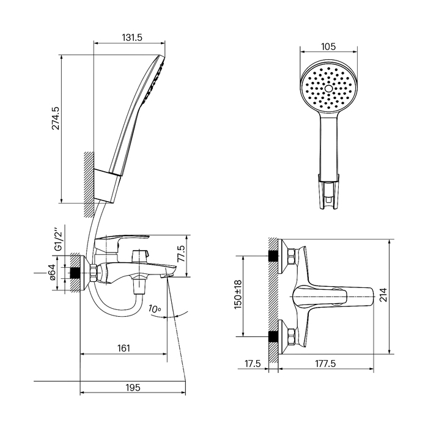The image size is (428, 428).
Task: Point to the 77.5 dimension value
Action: click(x=181, y=254)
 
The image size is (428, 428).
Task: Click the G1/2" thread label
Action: click(x=59, y=240)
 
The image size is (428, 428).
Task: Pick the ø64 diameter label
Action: click(x=53, y=271)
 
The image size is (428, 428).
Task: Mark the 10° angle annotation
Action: click(x=155, y=308)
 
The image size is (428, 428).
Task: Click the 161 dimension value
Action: click(x=124, y=348)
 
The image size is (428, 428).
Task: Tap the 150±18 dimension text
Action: click(x=238, y=295)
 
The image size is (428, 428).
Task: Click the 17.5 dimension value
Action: click(x=253, y=363)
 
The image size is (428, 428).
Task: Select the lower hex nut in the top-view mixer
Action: click(x=290, y=337)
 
